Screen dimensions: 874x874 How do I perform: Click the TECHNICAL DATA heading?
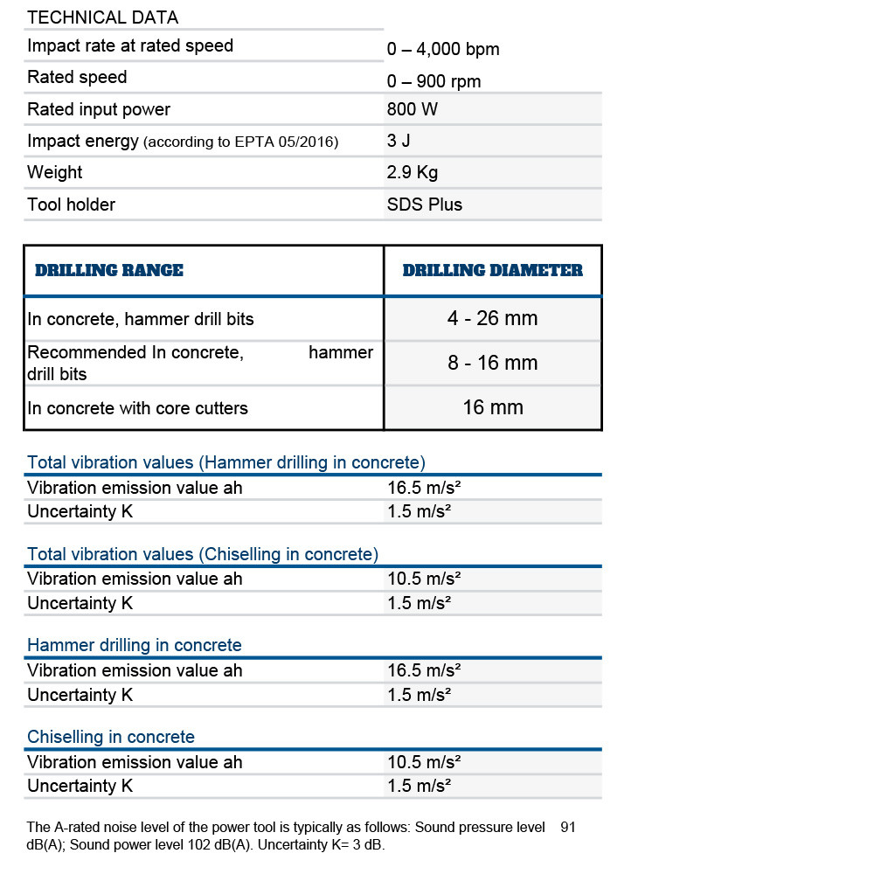coord(102,17)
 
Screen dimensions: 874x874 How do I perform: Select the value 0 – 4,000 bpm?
coord(443,50)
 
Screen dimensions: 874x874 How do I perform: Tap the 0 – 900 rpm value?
coord(434,81)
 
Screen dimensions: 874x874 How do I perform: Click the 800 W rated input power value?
coord(413,109)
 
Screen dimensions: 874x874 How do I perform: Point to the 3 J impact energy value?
coord(399,141)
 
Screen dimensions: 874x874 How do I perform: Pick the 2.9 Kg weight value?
coord(413,172)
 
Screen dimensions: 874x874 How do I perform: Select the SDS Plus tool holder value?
coord(425,205)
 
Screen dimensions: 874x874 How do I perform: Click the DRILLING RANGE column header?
coord(109,271)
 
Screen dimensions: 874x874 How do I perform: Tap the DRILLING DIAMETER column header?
coord(492,271)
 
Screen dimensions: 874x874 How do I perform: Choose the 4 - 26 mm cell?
coord(492,318)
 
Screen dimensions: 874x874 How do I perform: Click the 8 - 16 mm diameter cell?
coord(492,363)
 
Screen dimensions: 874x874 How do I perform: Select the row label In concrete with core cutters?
coord(137,408)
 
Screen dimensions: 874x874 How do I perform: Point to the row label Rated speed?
coord(77,78)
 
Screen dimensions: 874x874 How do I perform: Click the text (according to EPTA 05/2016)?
coord(240,142)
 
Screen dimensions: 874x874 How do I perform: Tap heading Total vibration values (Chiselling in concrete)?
coord(203,554)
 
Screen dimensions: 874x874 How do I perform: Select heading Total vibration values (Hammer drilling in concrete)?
coord(226,462)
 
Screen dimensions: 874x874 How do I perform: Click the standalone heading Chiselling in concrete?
coord(111,737)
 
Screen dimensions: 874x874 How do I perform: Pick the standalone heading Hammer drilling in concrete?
coord(135,645)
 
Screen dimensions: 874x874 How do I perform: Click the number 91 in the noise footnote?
coord(568,827)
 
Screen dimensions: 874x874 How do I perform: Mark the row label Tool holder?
coord(71,205)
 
